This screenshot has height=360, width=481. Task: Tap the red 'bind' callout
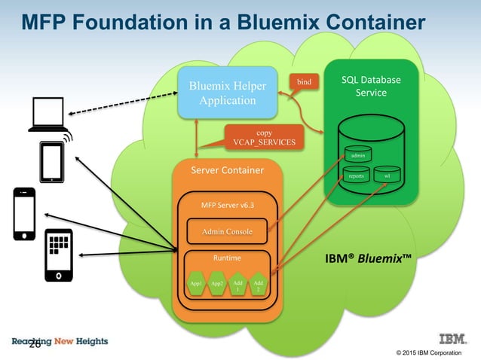(x=304, y=80)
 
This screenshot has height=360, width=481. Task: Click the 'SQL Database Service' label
(x=371, y=86)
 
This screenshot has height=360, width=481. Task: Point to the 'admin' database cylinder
(x=358, y=154)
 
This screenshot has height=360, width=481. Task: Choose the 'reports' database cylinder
(x=357, y=176)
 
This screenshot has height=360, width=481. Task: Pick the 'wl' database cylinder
(x=387, y=176)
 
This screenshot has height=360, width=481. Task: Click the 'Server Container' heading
(x=228, y=170)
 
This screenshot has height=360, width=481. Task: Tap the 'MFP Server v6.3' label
(x=228, y=204)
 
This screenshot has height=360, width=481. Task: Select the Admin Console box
(x=227, y=230)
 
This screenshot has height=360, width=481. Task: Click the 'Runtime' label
(x=227, y=258)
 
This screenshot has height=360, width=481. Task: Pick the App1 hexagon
(x=198, y=284)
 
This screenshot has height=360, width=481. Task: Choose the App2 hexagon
(x=218, y=284)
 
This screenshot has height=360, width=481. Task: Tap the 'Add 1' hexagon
(x=238, y=284)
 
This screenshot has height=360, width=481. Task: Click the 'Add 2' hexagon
(x=259, y=284)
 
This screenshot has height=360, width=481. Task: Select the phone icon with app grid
(x=58, y=255)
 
